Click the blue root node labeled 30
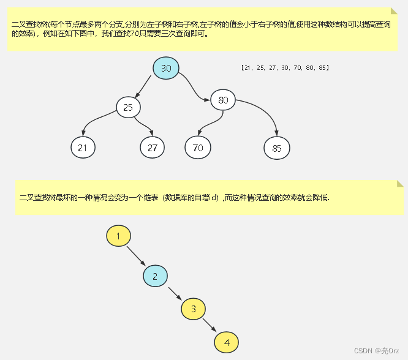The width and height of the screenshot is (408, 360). click(x=166, y=68)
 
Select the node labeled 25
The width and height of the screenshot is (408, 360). click(x=128, y=108)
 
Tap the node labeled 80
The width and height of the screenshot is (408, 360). click(x=223, y=100)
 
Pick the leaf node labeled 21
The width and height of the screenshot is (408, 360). click(x=83, y=148)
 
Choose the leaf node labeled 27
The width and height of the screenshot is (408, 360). click(x=153, y=148)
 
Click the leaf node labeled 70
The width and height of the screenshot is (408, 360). click(x=197, y=148)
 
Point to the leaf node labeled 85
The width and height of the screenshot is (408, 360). click(x=277, y=148)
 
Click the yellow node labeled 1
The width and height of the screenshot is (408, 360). click(x=118, y=236)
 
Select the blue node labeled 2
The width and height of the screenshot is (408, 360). click(x=155, y=276)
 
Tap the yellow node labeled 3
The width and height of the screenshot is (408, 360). click(x=193, y=309)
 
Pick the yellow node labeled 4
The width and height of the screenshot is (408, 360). click(x=227, y=342)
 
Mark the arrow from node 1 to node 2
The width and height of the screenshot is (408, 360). click(x=137, y=256)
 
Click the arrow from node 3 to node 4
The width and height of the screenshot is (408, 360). click(x=210, y=325)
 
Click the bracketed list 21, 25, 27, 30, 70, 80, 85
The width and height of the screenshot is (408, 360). click(x=285, y=67)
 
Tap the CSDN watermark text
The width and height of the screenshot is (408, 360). click(x=372, y=350)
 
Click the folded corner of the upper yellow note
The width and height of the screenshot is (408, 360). click(x=394, y=11)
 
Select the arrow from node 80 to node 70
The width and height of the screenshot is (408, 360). click(x=209, y=123)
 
